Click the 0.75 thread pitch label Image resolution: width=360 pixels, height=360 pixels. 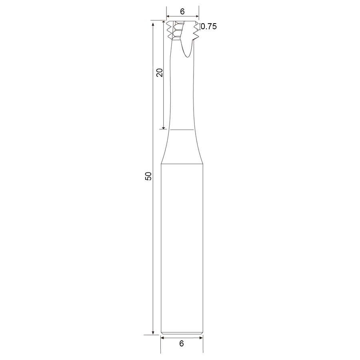209,26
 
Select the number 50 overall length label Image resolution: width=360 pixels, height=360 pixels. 148,176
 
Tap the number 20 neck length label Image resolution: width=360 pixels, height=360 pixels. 159,72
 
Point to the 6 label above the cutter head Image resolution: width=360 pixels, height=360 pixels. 182,12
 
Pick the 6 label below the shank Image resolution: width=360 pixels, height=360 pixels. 182,344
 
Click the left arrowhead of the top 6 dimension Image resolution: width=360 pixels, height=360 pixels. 168,16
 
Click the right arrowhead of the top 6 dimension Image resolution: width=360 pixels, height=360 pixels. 197,16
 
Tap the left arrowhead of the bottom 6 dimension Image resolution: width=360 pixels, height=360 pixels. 162,338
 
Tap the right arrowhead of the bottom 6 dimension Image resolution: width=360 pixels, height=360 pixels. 201,338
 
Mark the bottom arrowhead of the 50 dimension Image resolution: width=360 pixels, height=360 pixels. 153,333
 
